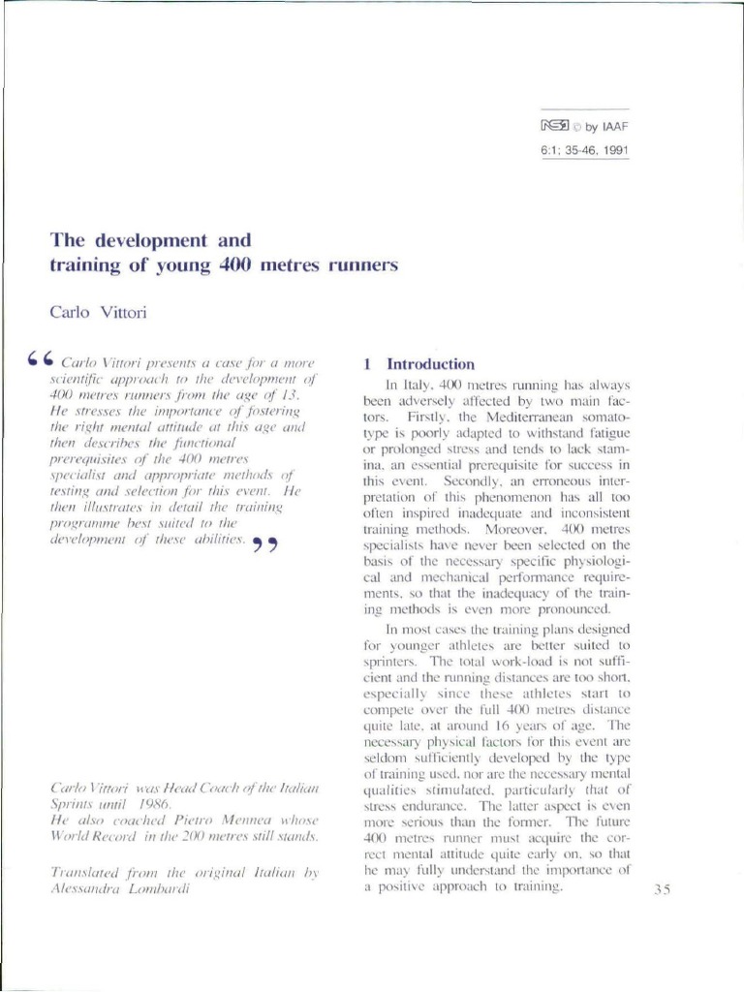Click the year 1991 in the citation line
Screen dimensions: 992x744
612,152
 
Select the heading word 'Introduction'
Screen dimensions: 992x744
430,365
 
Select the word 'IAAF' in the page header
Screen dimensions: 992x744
617,126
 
